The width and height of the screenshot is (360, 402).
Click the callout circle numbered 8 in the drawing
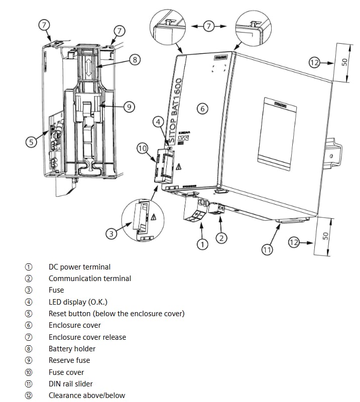pos(134,60)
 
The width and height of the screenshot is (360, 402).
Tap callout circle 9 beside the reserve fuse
pos(130,106)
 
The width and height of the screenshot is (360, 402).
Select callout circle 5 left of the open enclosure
pos(32,143)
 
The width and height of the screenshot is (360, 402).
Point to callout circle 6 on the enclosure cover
pos(203,108)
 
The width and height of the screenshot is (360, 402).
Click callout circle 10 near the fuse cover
pos(142,148)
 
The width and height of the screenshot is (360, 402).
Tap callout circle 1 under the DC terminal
pos(202,244)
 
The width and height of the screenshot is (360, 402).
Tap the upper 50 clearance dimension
pos(344,62)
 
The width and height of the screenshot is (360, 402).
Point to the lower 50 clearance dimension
pos(325,235)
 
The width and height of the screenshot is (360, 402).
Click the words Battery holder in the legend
pos(72,349)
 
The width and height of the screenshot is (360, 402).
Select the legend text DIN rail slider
pos(70,384)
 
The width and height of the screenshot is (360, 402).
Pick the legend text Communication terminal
pos(89,279)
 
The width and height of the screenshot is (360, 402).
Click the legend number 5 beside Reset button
pos(29,314)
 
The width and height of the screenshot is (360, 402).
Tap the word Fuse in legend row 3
pos(56,290)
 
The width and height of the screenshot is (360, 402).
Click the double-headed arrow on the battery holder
pos(88,67)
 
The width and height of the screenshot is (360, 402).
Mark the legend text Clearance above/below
pos(86,395)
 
